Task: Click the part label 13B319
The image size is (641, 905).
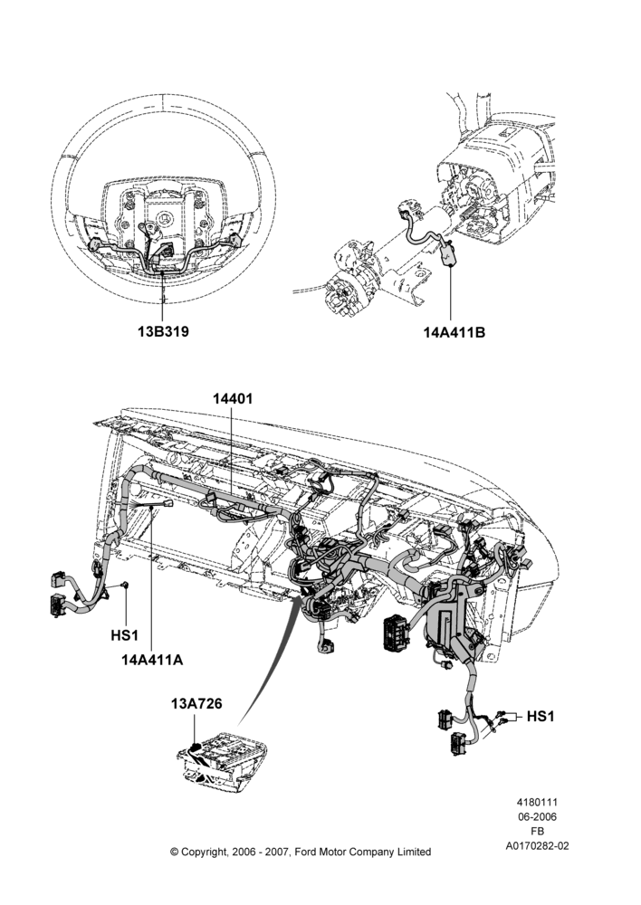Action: (163, 332)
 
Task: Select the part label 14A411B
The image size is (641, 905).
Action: (454, 332)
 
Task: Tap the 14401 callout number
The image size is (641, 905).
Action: (232, 399)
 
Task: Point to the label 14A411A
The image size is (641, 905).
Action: (151, 660)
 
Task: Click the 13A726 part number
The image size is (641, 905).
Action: (196, 704)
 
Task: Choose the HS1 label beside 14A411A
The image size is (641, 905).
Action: (125, 635)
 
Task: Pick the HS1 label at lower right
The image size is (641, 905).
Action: (540, 716)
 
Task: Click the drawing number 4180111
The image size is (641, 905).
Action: (537, 802)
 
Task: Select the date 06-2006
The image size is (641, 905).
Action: (537, 816)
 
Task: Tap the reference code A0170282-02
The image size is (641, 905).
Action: (537, 846)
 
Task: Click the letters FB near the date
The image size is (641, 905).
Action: (537, 832)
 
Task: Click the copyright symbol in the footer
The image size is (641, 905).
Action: (174, 852)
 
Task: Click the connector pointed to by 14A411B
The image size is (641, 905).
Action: (449, 253)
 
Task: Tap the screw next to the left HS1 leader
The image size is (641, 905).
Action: (125, 586)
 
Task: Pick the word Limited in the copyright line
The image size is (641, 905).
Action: (414, 852)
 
